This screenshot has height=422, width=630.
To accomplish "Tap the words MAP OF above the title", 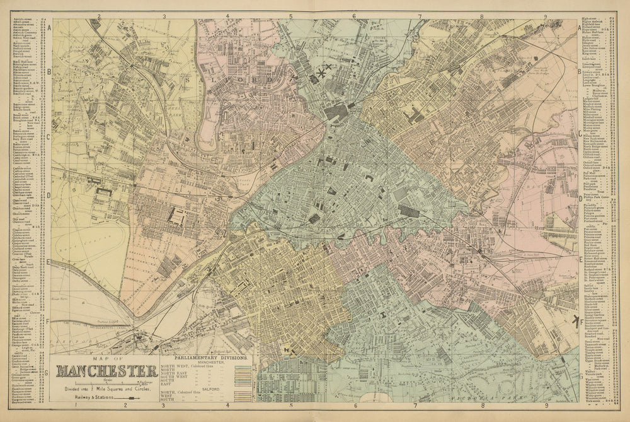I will [106, 358].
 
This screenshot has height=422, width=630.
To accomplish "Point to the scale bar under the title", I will [106, 382].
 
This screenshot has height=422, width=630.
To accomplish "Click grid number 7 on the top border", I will [419, 15].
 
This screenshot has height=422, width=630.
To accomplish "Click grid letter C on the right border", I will [579, 134].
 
